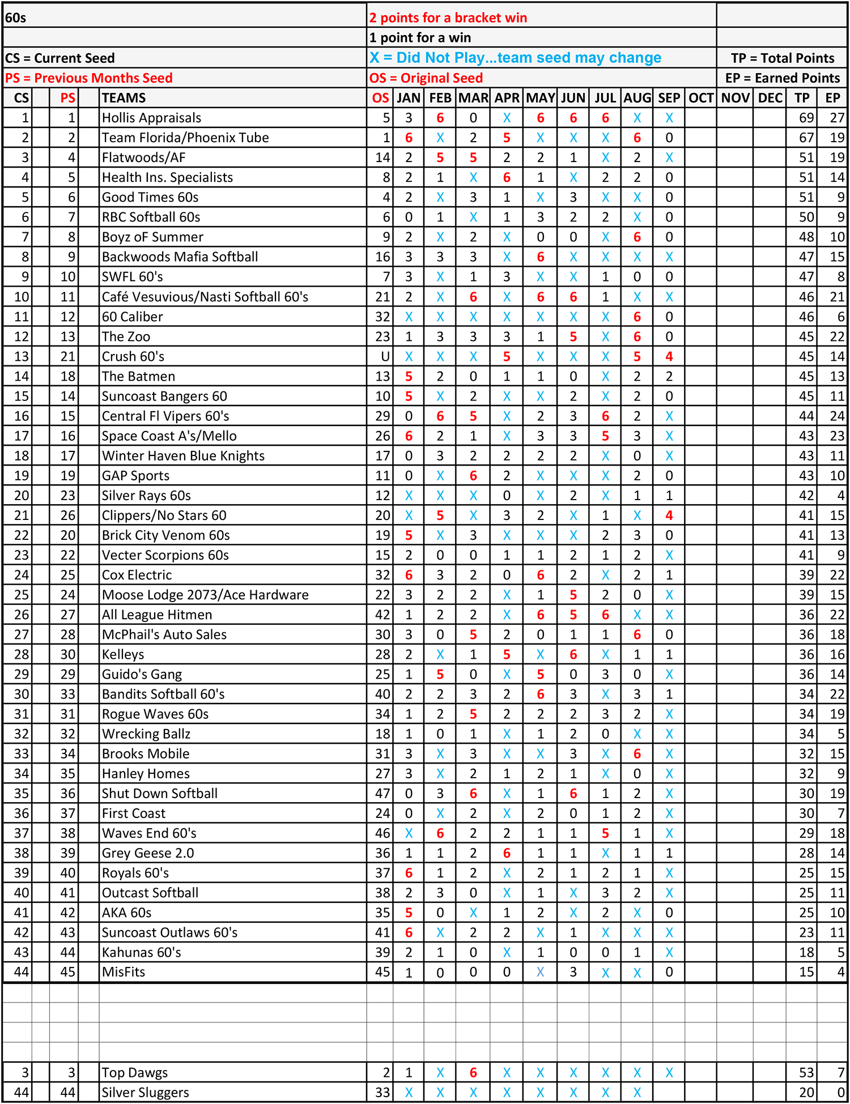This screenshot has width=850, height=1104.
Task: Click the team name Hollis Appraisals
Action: click(x=151, y=118)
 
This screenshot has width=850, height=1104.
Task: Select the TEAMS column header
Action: click(x=124, y=98)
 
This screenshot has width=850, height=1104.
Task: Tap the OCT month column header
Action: click(x=700, y=98)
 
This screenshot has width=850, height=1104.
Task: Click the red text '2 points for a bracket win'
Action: click(x=448, y=18)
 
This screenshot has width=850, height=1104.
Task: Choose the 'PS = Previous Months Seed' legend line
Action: click(x=89, y=78)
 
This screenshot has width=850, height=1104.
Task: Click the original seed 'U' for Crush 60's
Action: click(x=385, y=356)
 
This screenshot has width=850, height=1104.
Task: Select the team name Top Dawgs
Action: click(x=135, y=1072)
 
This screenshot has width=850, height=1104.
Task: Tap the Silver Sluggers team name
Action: click(x=145, y=1092)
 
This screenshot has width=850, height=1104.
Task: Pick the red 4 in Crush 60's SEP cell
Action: click(x=669, y=356)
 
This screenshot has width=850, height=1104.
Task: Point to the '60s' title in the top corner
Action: click(x=16, y=18)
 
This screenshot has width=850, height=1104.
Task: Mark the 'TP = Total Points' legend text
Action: click(x=782, y=58)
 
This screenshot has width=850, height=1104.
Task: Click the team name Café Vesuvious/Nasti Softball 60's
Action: click(x=205, y=297)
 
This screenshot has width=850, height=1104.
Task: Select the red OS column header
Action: click(x=380, y=98)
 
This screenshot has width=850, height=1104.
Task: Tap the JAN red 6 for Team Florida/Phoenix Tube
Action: click(x=409, y=138)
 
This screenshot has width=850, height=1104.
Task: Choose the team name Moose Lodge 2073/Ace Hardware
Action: click(x=205, y=595)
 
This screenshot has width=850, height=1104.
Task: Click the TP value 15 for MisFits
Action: click(x=806, y=972)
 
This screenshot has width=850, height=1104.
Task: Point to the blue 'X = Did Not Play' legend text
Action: click(x=515, y=58)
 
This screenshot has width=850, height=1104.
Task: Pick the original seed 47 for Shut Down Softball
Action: click(x=383, y=793)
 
